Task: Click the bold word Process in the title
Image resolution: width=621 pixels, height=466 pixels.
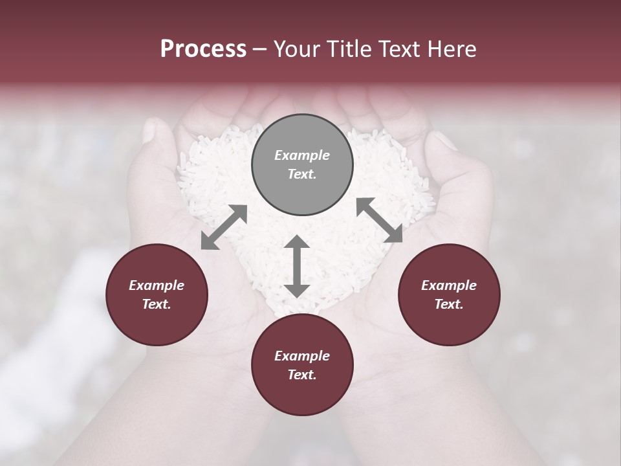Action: point(203,49)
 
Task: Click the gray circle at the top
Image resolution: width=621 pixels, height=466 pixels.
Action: point(302,164)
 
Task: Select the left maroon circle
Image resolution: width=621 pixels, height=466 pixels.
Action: point(157,295)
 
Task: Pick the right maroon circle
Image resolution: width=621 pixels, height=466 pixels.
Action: point(449,295)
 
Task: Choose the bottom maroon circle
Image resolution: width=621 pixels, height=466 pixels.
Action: point(302,366)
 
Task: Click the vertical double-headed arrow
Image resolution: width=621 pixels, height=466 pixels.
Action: point(297,266)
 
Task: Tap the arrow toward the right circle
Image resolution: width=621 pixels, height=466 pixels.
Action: point(379,220)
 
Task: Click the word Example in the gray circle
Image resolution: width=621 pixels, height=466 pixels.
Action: point(302,155)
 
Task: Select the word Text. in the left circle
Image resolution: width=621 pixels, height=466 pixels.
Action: point(157,304)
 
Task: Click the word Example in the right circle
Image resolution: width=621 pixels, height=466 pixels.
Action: point(449,285)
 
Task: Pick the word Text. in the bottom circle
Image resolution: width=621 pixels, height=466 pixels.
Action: point(302,375)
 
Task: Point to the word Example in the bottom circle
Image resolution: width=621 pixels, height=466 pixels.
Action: point(302,356)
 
